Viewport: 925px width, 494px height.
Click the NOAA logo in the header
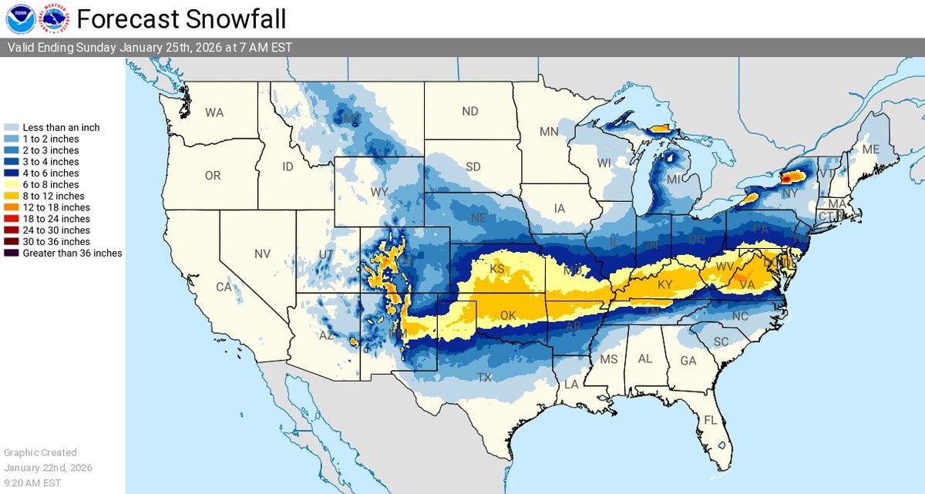[x=19, y=18]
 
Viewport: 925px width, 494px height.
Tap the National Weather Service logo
[x=54, y=18]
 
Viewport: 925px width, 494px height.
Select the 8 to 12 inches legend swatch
[x=12, y=196]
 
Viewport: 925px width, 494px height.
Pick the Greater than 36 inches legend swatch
[x=12, y=253]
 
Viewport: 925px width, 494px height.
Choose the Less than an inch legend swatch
[x=12, y=127]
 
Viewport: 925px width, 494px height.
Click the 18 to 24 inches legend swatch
[x=12, y=219]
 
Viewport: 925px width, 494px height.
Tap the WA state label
[x=214, y=113]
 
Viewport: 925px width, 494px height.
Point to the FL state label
[x=711, y=421]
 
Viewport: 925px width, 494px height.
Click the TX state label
[x=485, y=378]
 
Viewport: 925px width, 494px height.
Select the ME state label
[x=871, y=149]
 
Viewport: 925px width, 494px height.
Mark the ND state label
[x=470, y=112]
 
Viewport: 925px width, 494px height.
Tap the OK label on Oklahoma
[x=507, y=316]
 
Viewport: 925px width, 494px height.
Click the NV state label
[x=263, y=254]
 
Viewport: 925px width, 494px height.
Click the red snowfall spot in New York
[x=787, y=178]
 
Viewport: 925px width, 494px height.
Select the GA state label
[x=688, y=360]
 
